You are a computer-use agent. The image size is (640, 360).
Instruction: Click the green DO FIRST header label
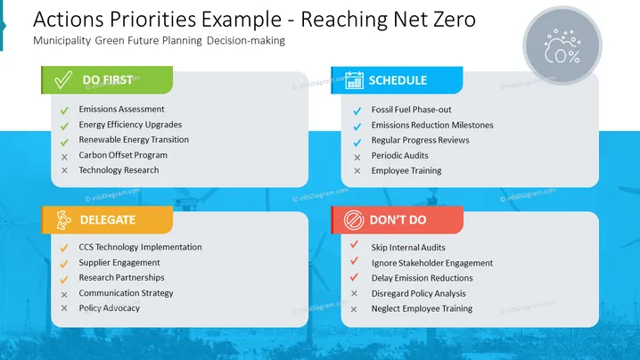point(107,80)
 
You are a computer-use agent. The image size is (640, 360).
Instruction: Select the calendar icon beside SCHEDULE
point(354,80)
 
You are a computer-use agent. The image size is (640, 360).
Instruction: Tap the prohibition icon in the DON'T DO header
point(354,220)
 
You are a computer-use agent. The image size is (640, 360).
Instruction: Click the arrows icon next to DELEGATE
point(63,220)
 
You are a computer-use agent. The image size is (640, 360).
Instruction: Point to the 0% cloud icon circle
point(562,45)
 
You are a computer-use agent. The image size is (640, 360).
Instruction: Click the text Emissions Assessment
point(121,109)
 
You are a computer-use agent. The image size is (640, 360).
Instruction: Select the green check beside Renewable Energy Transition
point(64,142)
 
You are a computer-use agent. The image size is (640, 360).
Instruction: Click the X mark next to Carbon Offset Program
point(64,157)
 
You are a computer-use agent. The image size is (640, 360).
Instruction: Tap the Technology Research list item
point(119,170)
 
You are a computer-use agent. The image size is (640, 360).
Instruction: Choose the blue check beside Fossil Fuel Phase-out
point(357,111)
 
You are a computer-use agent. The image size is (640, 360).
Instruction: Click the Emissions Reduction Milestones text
point(432,125)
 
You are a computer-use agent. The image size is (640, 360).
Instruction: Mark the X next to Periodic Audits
point(357,157)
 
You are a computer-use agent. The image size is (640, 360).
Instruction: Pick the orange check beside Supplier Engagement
point(64,264)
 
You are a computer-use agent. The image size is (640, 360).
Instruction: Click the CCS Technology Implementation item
point(141,247)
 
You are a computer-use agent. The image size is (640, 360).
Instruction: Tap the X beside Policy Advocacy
point(64,308)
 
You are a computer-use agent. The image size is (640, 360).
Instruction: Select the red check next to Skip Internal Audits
point(354,244)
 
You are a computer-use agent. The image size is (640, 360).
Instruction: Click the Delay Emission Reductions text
point(422,278)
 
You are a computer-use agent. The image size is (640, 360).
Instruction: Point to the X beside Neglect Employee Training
point(354,309)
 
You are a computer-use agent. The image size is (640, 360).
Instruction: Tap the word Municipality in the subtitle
point(62,41)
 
